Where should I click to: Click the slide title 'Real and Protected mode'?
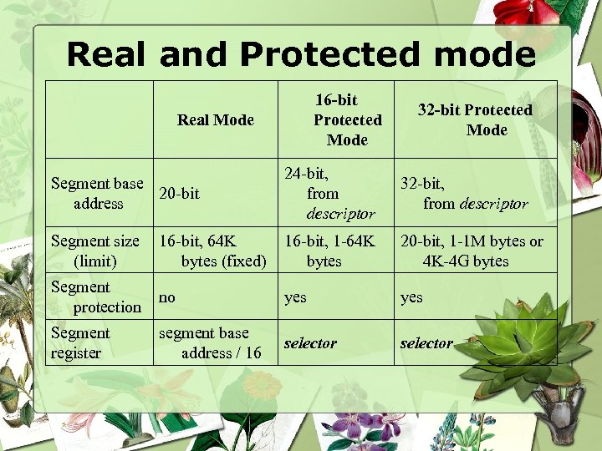pos(301,54)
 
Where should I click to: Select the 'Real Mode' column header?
pos(215,119)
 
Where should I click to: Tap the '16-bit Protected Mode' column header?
pos(347,119)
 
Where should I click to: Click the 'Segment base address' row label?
pos(97,193)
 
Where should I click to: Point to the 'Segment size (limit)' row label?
pos(95,251)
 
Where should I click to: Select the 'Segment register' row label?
pos(80,342)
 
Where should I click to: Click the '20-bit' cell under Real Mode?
pos(179,194)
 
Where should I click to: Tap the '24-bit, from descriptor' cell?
pos(329,193)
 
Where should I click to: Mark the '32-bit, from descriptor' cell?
pos(464,193)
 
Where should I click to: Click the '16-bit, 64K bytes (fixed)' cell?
pos(212,251)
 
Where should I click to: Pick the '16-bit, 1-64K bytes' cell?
pos(329,251)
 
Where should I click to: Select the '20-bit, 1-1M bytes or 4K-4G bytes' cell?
pos(472,251)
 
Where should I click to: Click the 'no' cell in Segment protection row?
pos(167,296)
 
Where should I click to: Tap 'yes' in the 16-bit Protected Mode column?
pos(295,296)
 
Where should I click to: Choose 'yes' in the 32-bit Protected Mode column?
pos(411,296)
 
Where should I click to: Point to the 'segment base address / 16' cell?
pos(210,342)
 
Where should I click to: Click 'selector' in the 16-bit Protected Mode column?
pos(310,342)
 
